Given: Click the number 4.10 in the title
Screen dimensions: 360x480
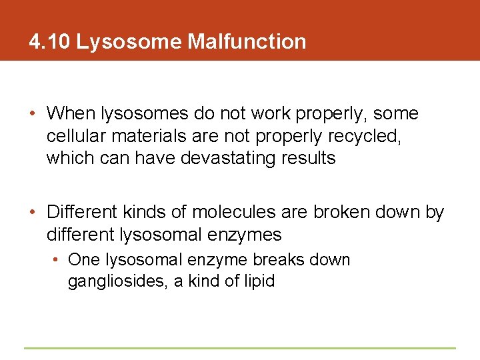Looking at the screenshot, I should tap(49, 42).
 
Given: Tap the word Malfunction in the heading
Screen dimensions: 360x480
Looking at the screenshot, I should tap(247, 42).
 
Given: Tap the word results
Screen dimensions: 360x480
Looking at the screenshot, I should tap(309, 159).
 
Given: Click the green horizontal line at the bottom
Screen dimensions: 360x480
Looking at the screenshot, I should tap(240, 348).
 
